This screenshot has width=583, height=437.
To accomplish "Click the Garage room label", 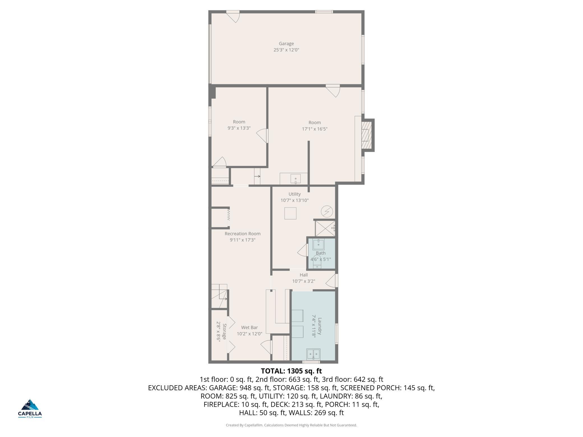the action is pos(286,44).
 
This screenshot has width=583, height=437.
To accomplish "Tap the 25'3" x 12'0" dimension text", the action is pos(286,50).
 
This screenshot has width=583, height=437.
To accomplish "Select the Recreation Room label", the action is pos(242,234).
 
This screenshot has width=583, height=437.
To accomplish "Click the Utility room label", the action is pos(295,194).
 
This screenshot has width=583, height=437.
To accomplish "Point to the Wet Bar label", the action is pos(249,327).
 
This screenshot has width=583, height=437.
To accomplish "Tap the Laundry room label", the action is pos(320,326).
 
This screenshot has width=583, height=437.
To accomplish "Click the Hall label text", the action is pos(304,275).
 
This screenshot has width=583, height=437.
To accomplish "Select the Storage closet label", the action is pos(224,331).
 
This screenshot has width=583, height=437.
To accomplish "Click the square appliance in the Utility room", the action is pos(290,213).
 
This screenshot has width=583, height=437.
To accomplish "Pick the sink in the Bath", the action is pos(318,244).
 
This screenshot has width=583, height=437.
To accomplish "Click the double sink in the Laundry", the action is pos(313,354).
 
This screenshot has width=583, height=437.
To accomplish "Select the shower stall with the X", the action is pos(325,229).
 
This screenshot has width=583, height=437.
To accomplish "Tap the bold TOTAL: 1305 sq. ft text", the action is pos(291,371).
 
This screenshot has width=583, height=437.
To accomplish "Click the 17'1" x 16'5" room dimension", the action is pos(314,129).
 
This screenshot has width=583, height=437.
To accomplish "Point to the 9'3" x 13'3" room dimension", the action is pos(239,128).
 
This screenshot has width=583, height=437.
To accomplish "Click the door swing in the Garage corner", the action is pos(233,17).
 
